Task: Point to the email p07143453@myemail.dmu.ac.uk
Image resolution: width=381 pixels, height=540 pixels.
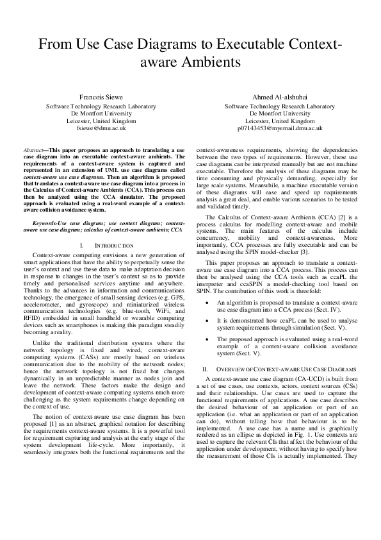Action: coord(280,128)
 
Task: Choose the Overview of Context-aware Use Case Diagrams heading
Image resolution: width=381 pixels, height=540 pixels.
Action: coord(282,370)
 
